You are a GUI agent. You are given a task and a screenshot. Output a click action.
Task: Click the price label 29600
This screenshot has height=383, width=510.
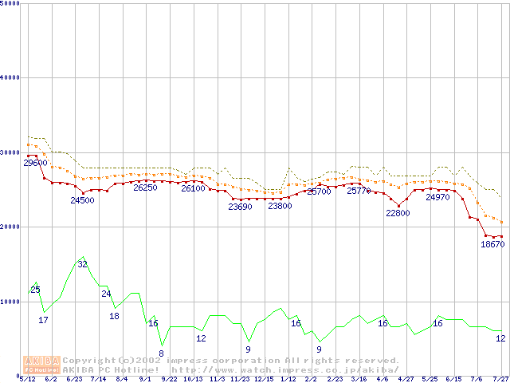click(x=35, y=163)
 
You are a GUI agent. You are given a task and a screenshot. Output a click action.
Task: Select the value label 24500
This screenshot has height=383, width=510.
click(x=82, y=200)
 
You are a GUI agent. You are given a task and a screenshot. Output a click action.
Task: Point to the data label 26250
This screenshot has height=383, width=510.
click(x=145, y=188)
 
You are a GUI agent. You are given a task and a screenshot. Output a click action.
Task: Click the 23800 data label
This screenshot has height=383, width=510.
click(x=280, y=206)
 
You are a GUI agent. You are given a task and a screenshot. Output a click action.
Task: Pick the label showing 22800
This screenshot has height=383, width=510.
click(x=398, y=214)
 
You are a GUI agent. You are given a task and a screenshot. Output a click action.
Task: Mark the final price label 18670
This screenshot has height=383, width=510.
click(x=492, y=245)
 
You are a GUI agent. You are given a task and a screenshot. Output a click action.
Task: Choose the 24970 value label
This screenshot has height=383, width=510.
click(x=437, y=197)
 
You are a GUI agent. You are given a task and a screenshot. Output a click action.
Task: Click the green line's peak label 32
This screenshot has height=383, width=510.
click(x=82, y=264)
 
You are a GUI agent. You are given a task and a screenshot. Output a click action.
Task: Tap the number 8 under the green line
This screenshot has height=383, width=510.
click(x=161, y=353)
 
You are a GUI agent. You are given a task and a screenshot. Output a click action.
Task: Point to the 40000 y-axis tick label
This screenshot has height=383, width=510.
click(x=10, y=77)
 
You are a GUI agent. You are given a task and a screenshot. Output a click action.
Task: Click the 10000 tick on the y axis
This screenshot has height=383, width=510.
click(x=10, y=302)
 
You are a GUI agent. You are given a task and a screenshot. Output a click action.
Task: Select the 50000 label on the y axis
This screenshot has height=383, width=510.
click(x=10, y=3)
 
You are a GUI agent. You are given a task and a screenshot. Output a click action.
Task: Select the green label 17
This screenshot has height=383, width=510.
click(x=44, y=320)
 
